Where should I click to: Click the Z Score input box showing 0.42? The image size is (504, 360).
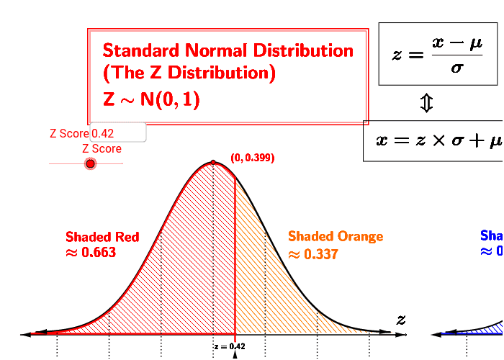[x=118, y=132]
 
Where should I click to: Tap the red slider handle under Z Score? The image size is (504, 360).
[x=90, y=164]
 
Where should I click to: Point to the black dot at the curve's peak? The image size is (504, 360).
[x=213, y=163]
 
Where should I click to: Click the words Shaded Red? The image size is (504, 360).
[x=102, y=237]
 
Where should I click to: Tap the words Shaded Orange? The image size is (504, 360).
[x=336, y=236]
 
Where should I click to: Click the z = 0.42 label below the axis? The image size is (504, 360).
[x=230, y=346]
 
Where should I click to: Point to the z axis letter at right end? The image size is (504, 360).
[x=401, y=320]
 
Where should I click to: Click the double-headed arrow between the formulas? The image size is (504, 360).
[x=426, y=104]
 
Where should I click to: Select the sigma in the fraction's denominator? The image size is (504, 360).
[x=456, y=68]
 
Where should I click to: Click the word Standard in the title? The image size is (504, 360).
[x=141, y=50]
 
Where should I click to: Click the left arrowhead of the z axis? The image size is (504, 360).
[x=27, y=333]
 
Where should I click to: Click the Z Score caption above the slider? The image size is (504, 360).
[x=102, y=149]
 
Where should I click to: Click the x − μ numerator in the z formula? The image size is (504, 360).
[x=456, y=44]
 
